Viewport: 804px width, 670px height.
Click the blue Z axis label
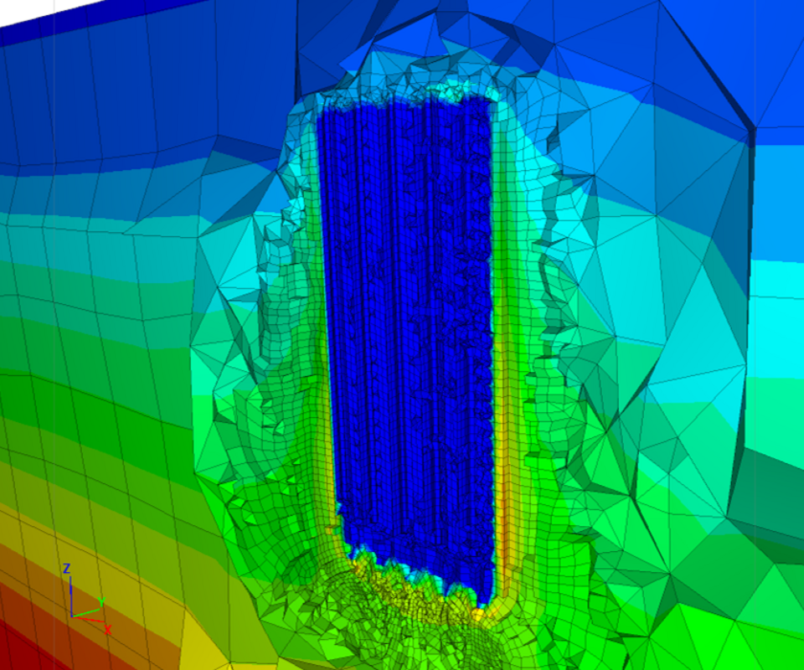pos(66,568)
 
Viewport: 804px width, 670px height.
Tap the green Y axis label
pos(101,602)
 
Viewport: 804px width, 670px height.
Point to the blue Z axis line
pos(70,595)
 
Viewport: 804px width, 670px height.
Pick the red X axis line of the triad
pos(88,619)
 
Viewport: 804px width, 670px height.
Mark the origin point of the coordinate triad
pos(71,616)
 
